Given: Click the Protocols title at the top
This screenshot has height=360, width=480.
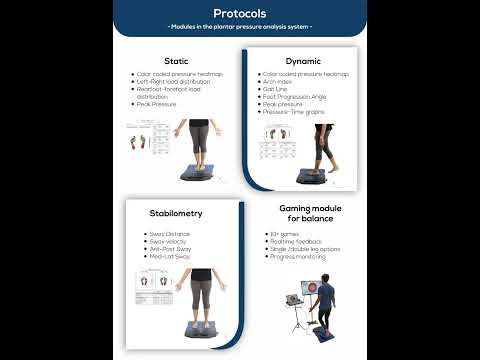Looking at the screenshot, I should tap(239, 13).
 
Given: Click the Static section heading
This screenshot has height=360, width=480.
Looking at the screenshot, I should tap(176, 60).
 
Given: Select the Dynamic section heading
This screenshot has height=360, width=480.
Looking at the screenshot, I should tap(302, 60).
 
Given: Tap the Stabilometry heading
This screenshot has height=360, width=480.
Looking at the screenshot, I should tap(176, 213).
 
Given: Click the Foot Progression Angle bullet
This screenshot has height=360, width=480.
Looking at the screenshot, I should tap(295, 96).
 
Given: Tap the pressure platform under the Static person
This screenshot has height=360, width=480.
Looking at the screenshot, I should tap(200, 172).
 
